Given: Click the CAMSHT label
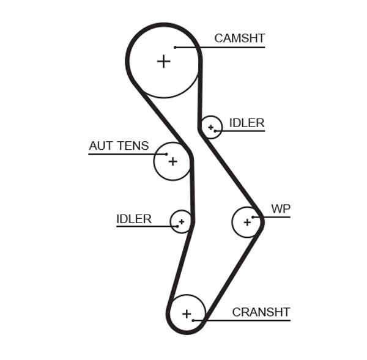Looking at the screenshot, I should coord(239,39).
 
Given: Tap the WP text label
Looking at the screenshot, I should coord(281,209).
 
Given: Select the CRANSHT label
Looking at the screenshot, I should coord(261,312).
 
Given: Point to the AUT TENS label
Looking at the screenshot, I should coord(119,146).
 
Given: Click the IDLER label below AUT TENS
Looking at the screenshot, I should coord(133,219).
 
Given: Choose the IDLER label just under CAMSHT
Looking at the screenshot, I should coord(247,123).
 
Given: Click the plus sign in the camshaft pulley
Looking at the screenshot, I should coord(163,61).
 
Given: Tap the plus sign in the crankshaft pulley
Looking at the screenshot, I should coord(187,314).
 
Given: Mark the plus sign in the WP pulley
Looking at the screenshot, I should coord(247,222).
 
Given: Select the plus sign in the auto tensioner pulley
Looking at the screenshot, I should coord(172,161).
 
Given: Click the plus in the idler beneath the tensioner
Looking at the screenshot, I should coord(181,221).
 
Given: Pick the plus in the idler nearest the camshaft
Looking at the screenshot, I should coord(211,127).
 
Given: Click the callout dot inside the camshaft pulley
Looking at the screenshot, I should coord(175,47).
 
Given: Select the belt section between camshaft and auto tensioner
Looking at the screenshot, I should coord(163,117).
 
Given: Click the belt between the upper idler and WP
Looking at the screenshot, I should coord(231,171).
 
